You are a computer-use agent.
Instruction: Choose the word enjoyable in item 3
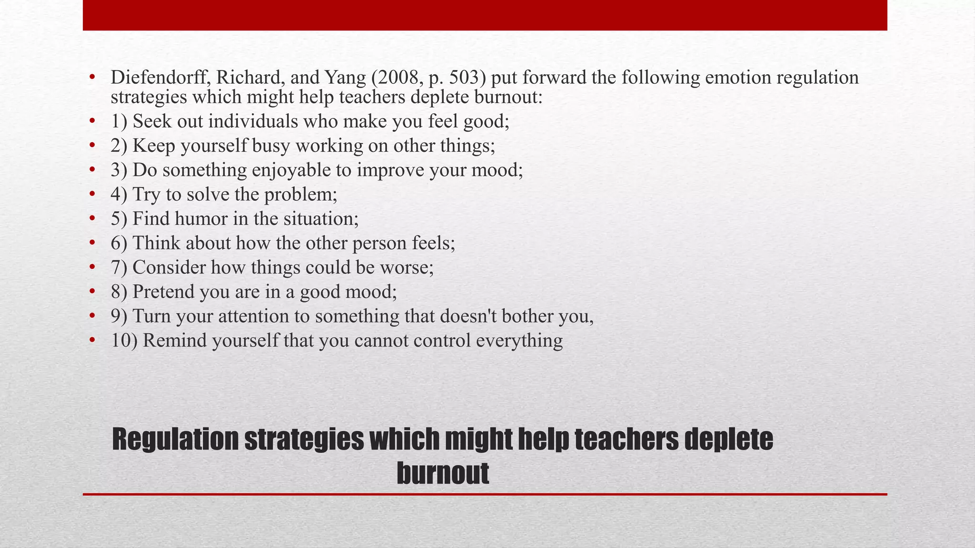coord(291,170)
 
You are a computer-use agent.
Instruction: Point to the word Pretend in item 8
coord(163,292)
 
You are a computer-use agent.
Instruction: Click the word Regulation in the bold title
coord(175,440)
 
